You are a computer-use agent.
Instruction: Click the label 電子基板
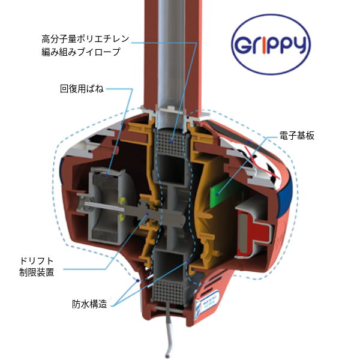click(296, 136)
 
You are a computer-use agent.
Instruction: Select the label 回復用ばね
click(82, 89)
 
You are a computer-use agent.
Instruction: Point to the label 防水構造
click(89, 304)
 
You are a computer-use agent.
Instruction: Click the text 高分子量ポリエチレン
click(85, 39)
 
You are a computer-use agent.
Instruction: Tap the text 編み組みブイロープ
click(81, 52)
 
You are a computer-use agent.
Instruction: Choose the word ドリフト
click(37, 261)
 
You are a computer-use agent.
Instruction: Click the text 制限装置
click(37, 272)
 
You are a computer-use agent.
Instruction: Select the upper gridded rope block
click(170, 142)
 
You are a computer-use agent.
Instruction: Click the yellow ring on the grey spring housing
click(123, 208)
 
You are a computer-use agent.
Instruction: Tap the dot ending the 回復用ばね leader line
click(107, 176)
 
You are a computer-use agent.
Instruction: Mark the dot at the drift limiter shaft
click(148, 214)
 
